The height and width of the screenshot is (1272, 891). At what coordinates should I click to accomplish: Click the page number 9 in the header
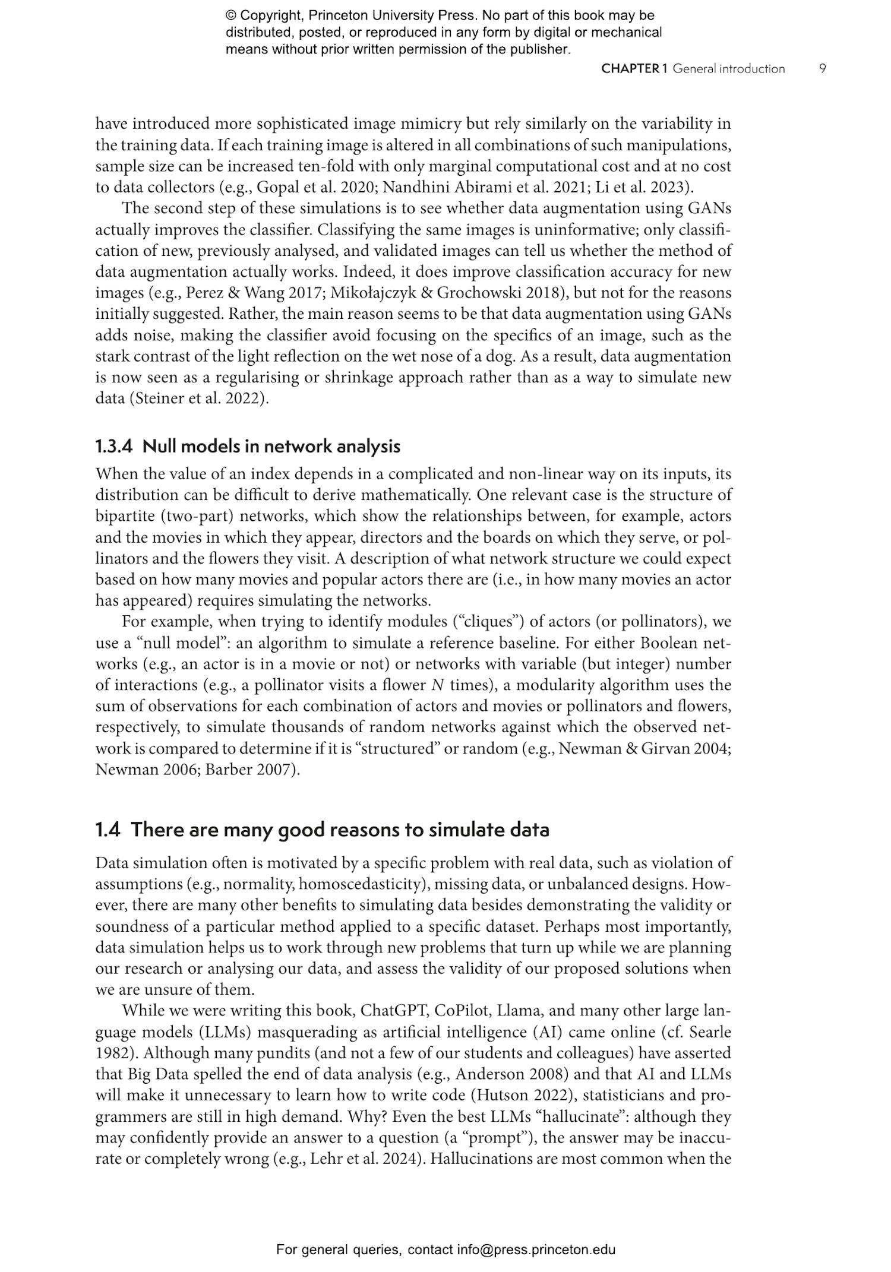click(x=822, y=69)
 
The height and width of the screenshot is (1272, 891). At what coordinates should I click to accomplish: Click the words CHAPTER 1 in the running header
click(x=634, y=69)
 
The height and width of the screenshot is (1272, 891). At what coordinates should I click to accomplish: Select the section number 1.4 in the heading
click(x=108, y=829)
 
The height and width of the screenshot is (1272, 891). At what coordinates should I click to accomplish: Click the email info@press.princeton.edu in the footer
click(x=536, y=1249)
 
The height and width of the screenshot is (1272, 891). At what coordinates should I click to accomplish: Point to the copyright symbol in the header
click(x=230, y=16)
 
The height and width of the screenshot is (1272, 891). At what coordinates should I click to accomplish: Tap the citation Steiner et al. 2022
click(x=197, y=398)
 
